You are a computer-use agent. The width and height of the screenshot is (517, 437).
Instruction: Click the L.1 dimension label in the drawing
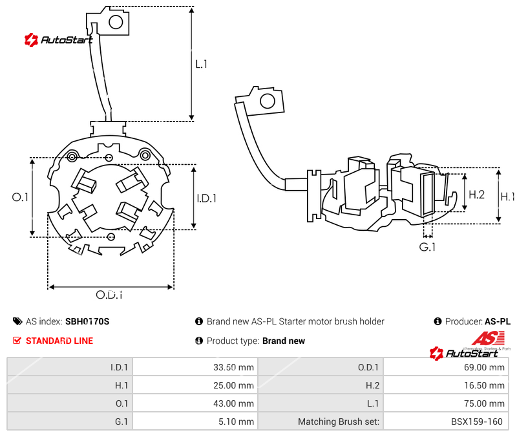coord(201,64)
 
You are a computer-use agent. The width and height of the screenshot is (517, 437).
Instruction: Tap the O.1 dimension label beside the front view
coord(21,197)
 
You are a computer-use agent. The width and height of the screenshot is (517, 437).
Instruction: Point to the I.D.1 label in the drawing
coord(207,198)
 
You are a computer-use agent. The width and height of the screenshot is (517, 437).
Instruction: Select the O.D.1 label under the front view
coord(109,295)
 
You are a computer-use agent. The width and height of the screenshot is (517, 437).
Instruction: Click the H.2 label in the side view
coord(476,194)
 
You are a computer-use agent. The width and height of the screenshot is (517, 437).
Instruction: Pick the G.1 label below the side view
coord(427,247)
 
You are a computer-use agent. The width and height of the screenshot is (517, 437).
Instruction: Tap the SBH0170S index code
coord(87,321)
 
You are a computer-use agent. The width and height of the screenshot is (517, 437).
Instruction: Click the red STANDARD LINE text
coord(59,341)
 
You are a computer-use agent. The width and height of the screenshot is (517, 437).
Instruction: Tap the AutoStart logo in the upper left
coord(58,40)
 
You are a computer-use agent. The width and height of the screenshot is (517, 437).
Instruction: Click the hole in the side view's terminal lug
coord(266,100)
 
